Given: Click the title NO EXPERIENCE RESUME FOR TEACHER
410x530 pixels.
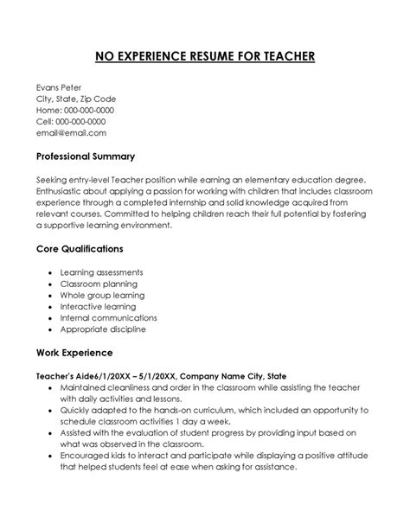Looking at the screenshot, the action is coord(204,58).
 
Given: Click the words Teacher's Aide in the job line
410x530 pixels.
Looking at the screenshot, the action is coord(63,377).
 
